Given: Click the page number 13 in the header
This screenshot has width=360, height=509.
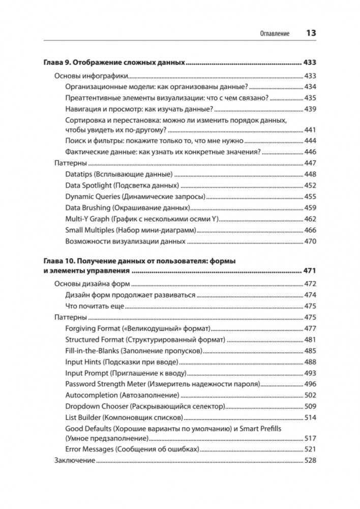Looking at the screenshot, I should point(311,33).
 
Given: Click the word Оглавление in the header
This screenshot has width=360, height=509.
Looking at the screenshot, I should point(274,34).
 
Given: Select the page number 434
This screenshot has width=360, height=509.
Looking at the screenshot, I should point(310,87).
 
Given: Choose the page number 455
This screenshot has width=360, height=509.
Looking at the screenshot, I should point(310,197).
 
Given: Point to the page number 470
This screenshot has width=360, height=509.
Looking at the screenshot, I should point(310,242).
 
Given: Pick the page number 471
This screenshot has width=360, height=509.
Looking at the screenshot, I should point(310,271).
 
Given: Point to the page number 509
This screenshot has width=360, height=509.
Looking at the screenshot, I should point(310,407).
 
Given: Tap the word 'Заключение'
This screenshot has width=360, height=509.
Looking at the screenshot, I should point(74,461).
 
